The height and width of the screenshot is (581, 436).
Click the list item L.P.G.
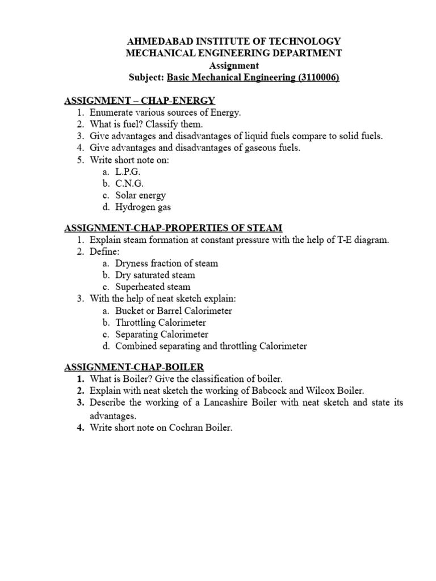(x=128, y=171)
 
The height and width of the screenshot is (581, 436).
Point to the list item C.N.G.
(x=130, y=183)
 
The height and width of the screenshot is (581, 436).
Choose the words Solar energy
(x=140, y=195)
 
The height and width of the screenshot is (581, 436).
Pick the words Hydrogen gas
(x=142, y=207)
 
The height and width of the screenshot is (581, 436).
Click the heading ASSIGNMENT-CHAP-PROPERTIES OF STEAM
(x=173, y=228)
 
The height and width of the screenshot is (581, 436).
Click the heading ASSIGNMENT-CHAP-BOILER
(x=134, y=367)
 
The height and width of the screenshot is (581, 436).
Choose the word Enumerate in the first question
(x=111, y=113)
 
